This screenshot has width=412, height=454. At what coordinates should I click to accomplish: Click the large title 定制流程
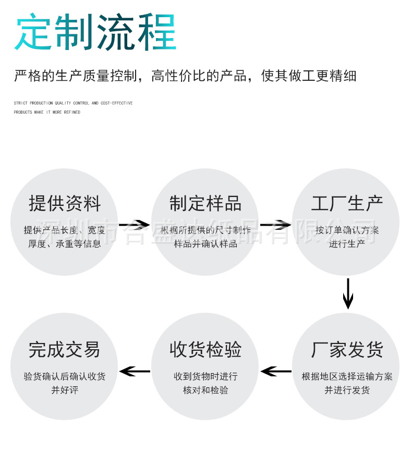(95, 33)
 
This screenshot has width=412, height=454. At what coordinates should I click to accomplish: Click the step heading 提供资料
(65, 204)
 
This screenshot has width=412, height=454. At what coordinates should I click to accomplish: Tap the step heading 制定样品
(205, 204)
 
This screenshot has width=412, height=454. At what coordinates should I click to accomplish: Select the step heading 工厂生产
(347, 204)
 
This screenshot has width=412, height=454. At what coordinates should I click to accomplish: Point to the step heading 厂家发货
(347, 349)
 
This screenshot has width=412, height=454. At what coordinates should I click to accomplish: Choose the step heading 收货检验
(205, 349)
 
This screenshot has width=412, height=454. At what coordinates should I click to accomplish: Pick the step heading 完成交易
(65, 349)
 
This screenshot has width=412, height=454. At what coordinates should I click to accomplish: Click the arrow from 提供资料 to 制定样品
(135, 225)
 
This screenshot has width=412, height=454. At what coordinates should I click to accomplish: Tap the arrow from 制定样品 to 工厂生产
(275, 225)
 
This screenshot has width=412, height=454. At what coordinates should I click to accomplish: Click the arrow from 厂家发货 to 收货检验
(276, 372)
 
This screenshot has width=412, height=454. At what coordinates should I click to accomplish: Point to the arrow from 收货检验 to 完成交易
(135, 372)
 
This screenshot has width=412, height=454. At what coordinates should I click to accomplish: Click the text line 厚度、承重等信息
(65, 243)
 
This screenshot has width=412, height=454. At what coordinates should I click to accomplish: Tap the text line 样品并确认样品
(205, 243)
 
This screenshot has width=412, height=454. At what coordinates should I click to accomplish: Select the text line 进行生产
(347, 243)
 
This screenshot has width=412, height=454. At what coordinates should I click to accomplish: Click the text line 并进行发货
(347, 390)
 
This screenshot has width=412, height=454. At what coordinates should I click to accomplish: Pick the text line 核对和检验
(205, 390)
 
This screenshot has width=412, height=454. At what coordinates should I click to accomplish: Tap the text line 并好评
(65, 390)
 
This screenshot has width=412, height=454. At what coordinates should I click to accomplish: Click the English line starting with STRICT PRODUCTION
(73, 103)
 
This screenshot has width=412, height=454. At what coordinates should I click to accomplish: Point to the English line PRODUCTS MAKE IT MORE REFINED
(47, 112)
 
